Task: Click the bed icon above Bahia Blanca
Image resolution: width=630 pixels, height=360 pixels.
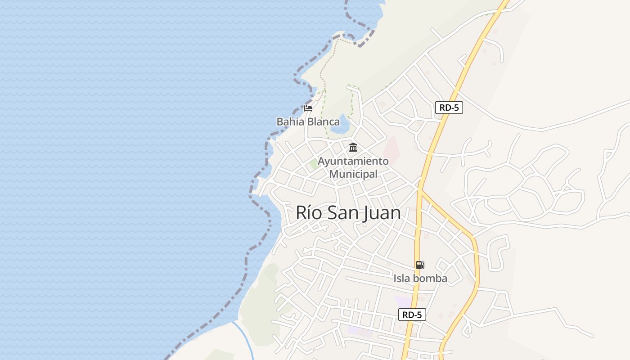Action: tap(308, 108)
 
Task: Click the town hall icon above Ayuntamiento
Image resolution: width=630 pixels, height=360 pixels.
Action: tap(353, 148)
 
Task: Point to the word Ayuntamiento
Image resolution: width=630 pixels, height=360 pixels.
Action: tap(353, 161)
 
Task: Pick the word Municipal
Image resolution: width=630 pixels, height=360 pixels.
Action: tap(353, 174)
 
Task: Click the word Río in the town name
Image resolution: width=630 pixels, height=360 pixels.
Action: tap(309, 213)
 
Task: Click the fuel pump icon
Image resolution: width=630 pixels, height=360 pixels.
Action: tap(420, 265)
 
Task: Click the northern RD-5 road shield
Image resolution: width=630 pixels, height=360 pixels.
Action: tap(449, 108)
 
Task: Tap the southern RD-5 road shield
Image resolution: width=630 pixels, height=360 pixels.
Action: tap(412, 315)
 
